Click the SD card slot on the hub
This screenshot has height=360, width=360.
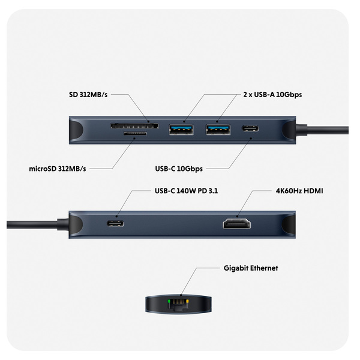(134, 127)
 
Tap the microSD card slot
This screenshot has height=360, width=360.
(137, 136)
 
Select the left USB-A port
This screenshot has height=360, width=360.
(181, 129)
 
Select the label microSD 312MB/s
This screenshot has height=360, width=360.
(58, 169)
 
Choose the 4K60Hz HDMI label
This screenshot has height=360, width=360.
(299, 191)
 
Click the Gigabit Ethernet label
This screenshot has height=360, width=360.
(250, 268)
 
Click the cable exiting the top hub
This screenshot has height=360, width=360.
(327, 128)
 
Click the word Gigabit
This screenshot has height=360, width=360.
(235, 268)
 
